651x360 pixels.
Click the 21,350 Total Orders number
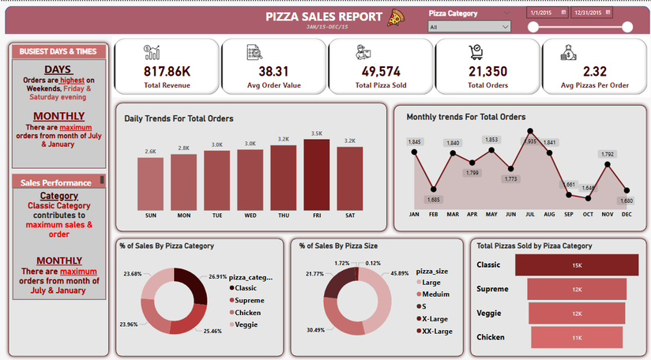(x=487, y=70)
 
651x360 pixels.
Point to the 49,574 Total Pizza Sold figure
(x=380, y=70)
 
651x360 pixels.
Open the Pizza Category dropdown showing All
(x=469, y=27)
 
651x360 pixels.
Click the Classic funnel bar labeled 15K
(x=576, y=265)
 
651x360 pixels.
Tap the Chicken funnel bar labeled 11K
(x=576, y=337)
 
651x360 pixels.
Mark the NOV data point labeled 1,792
(x=607, y=164)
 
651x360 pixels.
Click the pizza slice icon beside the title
(x=395, y=17)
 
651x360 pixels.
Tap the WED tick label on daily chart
(x=250, y=215)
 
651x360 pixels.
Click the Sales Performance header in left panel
(x=55, y=182)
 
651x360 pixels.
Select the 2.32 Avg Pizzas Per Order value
(x=595, y=70)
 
